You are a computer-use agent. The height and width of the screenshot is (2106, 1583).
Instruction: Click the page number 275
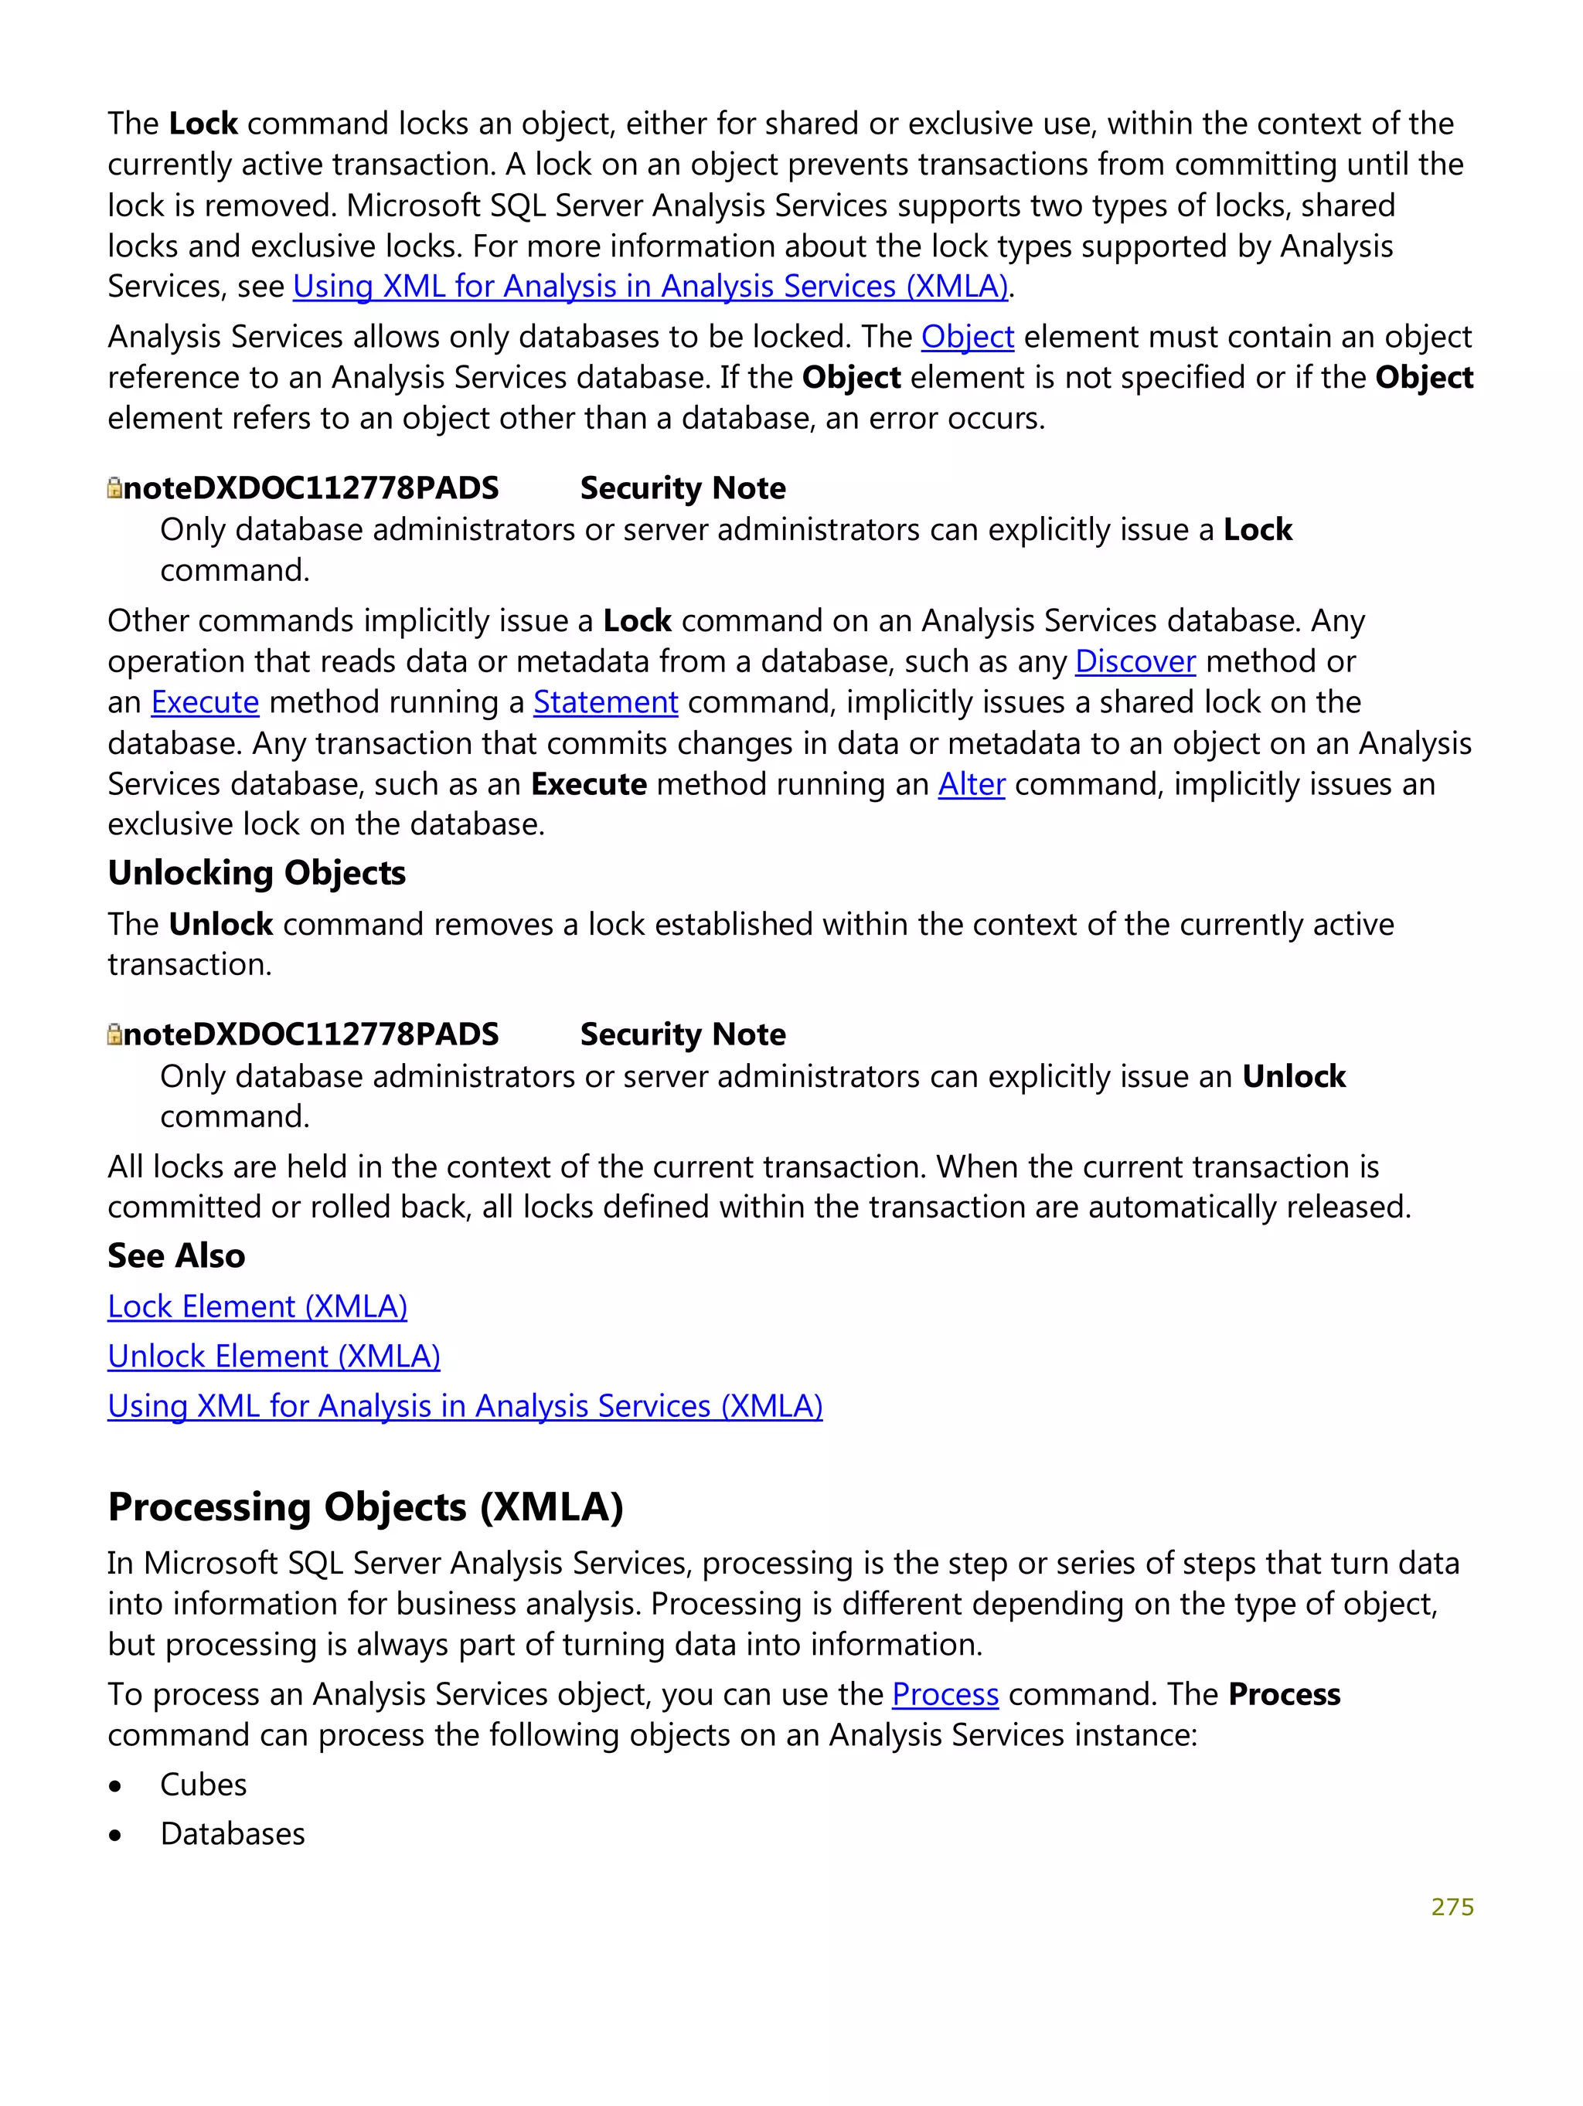tap(1452, 1907)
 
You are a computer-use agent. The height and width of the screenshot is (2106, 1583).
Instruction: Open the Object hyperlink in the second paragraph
tap(967, 337)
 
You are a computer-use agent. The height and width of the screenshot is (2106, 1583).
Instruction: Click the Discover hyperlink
tap(1135, 661)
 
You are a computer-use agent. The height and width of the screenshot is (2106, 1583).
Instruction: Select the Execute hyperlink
tap(205, 702)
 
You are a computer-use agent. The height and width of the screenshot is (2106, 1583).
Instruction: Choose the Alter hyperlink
tap(971, 784)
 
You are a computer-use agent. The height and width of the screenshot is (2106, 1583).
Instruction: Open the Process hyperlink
tap(945, 1695)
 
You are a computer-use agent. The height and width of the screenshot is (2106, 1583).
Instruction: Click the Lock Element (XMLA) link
tap(257, 1306)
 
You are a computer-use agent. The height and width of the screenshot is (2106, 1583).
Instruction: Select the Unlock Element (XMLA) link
tap(274, 1356)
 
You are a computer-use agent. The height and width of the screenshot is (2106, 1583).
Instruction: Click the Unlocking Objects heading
tap(256, 873)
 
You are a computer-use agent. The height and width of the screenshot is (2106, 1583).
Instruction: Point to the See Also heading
tap(176, 1255)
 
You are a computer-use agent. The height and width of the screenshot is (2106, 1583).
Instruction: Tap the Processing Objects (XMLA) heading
tap(365, 1507)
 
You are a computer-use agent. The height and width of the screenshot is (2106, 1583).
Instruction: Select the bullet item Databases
tap(233, 1834)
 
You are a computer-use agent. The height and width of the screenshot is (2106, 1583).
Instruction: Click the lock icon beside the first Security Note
tap(114, 488)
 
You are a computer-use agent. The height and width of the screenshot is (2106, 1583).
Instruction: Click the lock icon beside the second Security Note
tap(114, 1035)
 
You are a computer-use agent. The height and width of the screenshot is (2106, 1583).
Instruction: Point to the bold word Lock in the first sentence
tap(203, 124)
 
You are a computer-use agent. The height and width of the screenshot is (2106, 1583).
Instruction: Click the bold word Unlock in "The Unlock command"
tap(220, 925)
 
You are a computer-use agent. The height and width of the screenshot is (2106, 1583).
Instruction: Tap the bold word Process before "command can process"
tap(1284, 1695)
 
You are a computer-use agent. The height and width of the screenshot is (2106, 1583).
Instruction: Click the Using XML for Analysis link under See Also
tap(465, 1406)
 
